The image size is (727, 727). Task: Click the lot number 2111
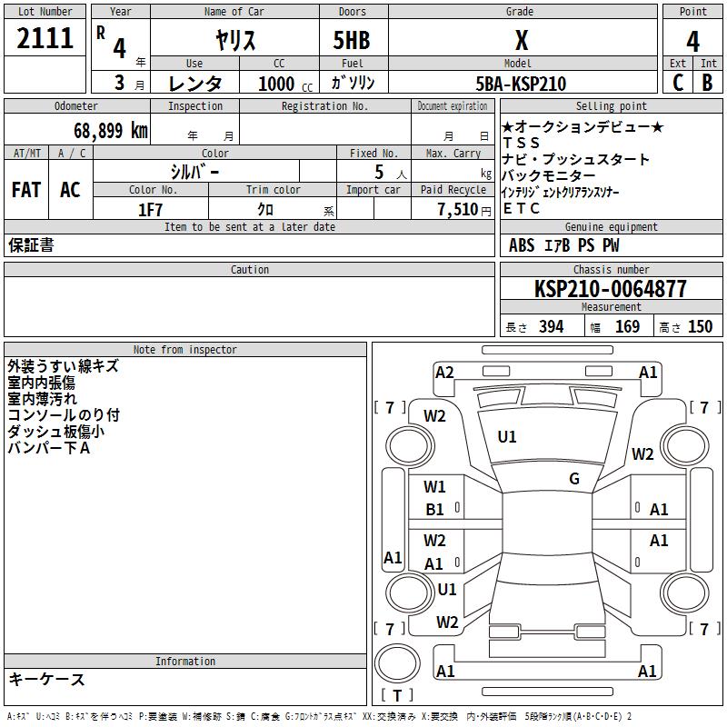coord(45,38)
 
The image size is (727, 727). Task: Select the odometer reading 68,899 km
coord(111,131)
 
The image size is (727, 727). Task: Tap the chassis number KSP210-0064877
coord(610,289)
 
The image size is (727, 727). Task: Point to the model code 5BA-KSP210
coord(521,84)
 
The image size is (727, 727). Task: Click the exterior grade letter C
coord(678,83)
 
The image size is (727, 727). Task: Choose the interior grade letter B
coord(707,83)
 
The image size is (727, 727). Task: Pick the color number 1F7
coord(150,210)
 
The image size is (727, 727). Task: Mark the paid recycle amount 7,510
coord(458,210)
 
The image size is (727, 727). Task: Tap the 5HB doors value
coord(352,40)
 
